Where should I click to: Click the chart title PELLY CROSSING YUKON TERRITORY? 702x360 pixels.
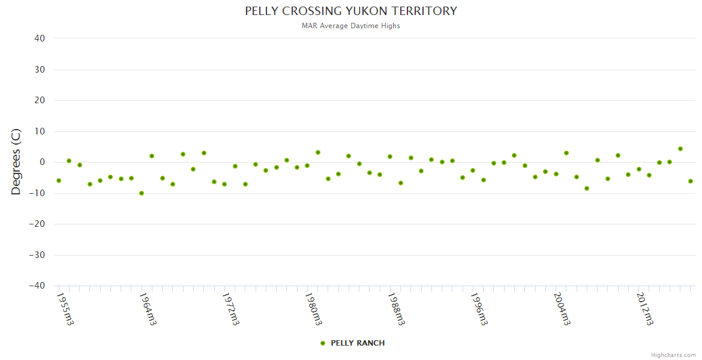point(351,11)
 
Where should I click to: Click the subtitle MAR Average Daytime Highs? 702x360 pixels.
point(351,26)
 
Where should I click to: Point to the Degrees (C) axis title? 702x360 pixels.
point(16,161)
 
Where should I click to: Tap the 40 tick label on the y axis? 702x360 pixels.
point(40,38)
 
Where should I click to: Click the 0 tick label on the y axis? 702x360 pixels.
point(42,162)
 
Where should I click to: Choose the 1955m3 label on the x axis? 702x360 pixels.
point(65,309)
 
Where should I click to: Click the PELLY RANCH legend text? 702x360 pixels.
point(358,343)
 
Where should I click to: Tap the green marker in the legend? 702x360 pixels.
point(323,343)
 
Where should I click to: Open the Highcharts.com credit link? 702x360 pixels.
point(673,355)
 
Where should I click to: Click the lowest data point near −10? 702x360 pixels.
point(142,193)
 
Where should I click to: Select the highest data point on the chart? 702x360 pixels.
point(680,149)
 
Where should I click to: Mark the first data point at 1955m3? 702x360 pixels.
point(59,181)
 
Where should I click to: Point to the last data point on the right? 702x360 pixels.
point(691,181)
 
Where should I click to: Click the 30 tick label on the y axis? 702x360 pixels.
point(40,70)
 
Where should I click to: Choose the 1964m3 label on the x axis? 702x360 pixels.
point(148,309)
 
